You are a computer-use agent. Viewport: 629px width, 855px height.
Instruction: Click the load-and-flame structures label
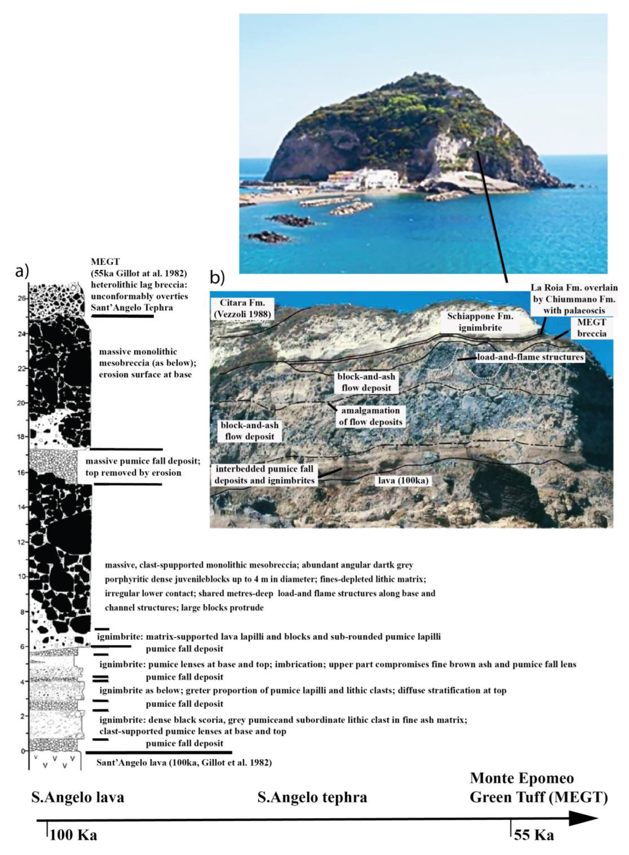click(530, 357)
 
